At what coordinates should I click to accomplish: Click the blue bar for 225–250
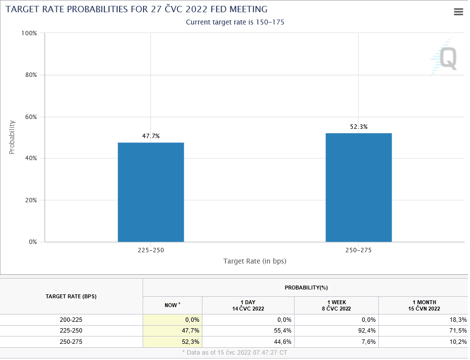point(151,192)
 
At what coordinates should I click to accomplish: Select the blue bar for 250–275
point(359,188)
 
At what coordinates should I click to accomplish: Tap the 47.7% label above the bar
point(151,136)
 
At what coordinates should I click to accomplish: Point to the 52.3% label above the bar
point(359,127)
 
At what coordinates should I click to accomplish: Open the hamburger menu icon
point(459,12)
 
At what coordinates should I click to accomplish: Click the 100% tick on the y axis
point(29,33)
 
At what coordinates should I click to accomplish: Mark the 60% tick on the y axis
point(30,117)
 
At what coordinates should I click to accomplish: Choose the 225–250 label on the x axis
point(151,250)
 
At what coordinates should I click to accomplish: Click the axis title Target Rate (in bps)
point(255,261)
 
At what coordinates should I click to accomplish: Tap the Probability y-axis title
point(12,138)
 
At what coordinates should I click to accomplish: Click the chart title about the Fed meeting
point(136,9)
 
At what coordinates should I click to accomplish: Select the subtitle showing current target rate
point(235,22)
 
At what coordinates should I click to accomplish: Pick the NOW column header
point(172,305)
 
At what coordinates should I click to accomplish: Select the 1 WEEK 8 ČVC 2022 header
point(336,305)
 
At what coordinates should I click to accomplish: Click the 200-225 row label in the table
point(71,319)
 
